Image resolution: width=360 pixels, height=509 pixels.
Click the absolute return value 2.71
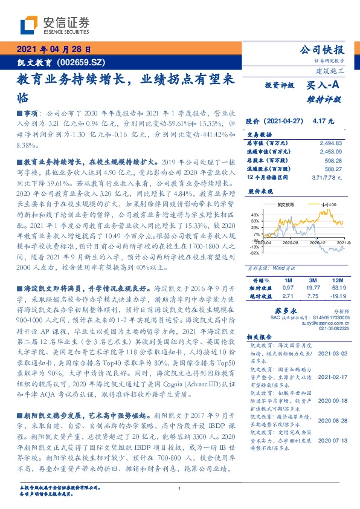click(x=288, y=296)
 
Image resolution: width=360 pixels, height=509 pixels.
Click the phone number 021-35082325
click(x=329, y=329)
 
